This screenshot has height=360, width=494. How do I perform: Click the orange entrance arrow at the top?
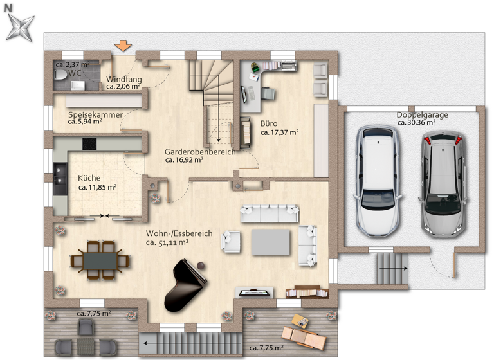point(123,46)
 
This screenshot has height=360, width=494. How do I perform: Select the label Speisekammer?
point(95,114)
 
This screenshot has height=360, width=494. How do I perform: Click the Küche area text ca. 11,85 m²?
point(97,188)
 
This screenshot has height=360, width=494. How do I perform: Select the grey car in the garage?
point(444,182)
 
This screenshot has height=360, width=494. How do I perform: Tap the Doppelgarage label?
point(422,115)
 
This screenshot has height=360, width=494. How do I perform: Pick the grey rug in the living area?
point(271,242)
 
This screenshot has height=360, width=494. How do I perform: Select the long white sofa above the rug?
point(270,213)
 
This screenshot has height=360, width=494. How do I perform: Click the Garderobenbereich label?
point(200,152)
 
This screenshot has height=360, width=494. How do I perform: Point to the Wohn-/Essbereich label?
point(179,234)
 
